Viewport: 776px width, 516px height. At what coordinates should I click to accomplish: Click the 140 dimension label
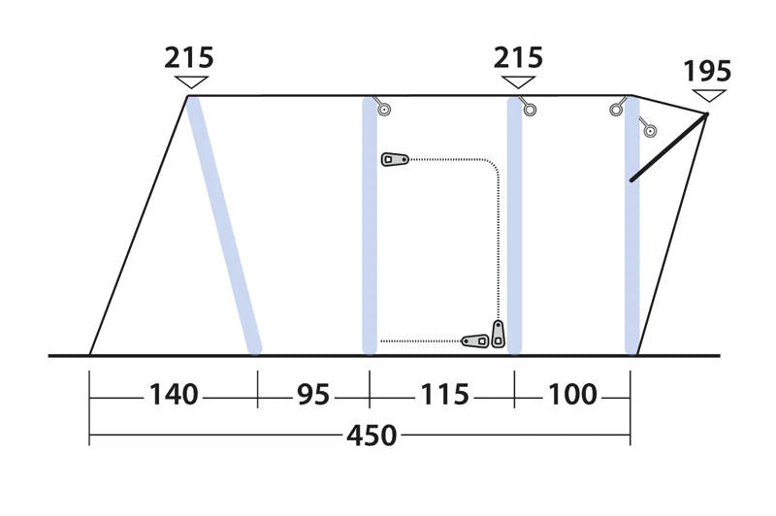click(174, 395)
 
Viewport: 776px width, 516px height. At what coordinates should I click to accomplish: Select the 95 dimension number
click(313, 395)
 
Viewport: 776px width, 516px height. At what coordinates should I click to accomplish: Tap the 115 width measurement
click(444, 395)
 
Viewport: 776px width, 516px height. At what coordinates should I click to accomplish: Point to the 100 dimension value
click(572, 395)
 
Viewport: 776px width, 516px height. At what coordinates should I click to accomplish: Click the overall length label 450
click(372, 435)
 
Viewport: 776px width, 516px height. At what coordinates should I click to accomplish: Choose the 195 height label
click(707, 71)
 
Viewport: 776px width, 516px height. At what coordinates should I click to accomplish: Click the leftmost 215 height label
click(189, 57)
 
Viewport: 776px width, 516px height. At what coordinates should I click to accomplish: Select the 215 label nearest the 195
click(518, 57)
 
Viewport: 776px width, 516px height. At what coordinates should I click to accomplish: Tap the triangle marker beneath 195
click(709, 95)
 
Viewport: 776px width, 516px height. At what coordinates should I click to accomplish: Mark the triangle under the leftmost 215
click(191, 82)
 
